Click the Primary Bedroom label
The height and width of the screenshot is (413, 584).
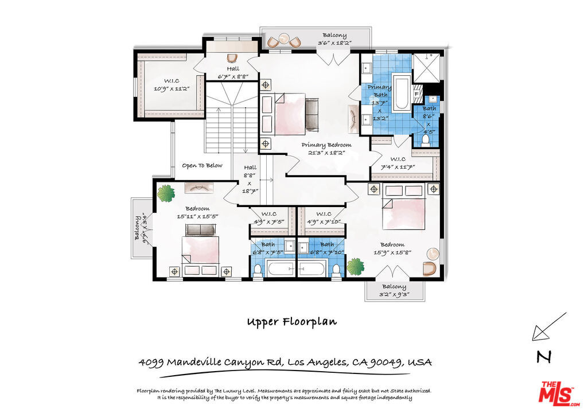326,145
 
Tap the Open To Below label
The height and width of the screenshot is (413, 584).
202,165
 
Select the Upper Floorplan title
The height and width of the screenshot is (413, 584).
291,322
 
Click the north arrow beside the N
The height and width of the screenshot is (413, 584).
548,327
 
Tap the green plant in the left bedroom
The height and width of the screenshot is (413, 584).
166,193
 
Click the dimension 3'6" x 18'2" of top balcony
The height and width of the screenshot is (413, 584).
334,43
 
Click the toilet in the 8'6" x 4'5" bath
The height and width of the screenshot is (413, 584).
426,139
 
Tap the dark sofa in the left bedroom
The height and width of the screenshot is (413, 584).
200,230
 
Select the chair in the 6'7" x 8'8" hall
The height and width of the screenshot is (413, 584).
232,58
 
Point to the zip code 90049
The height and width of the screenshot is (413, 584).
388,363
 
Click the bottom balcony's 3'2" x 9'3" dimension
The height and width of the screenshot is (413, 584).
394,295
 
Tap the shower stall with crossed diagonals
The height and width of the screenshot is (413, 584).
427,67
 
